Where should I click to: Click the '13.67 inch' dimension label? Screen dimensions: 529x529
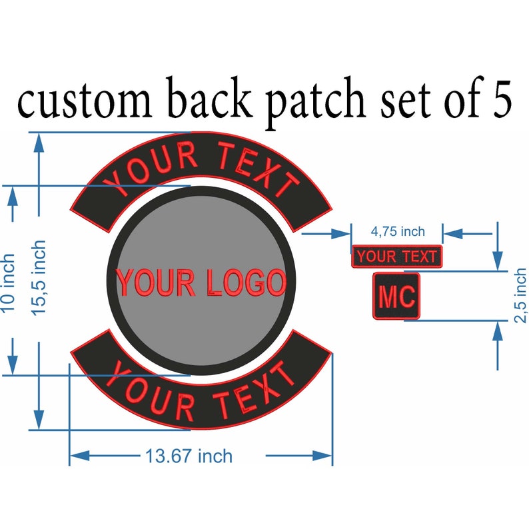tap(189, 456)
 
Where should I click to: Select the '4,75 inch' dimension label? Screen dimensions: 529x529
tap(397, 231)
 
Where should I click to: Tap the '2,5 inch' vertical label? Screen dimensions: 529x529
tap(520, 295)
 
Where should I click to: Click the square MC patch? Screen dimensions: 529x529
tap(396, 296)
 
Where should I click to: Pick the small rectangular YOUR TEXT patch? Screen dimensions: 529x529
tap(396, 256)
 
